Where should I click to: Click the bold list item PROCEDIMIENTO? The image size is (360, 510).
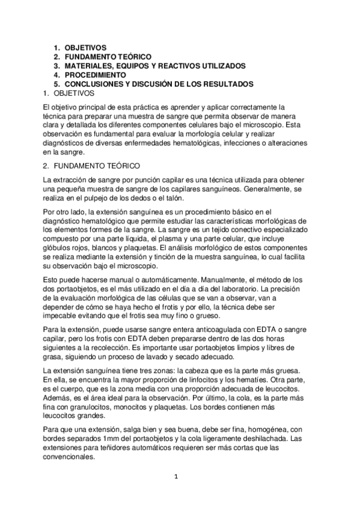click(96, 75)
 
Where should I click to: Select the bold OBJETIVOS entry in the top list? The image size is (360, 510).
click(86, 47)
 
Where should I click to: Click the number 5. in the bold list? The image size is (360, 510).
click(56, 84)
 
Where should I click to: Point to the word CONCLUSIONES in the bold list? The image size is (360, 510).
click(96, 84)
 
